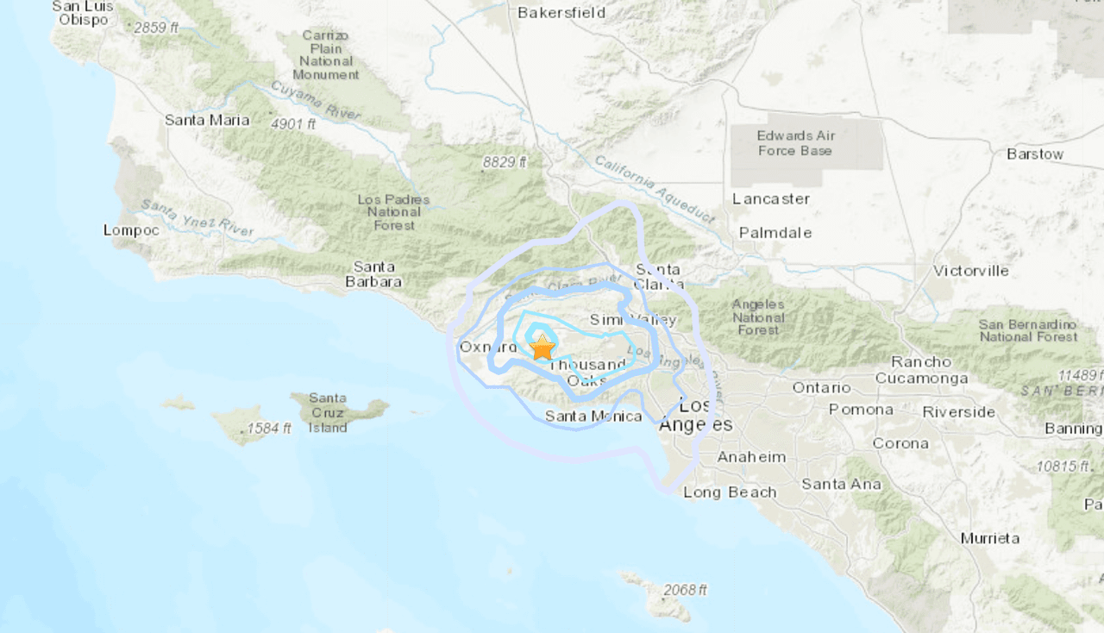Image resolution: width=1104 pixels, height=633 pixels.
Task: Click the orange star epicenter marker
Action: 542,348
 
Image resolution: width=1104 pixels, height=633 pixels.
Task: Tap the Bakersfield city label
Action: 561,13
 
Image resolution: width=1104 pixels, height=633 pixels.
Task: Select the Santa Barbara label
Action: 373,274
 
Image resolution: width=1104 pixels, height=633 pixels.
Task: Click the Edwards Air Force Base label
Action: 794,143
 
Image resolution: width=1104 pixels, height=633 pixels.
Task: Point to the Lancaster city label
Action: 771,199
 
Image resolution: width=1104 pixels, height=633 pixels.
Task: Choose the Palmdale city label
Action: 775,233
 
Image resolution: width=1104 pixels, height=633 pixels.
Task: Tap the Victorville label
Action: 970,271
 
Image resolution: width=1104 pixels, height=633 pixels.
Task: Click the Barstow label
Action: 1035,154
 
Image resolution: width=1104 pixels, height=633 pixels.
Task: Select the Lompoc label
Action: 131,230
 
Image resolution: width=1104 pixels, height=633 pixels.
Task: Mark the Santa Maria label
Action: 207,120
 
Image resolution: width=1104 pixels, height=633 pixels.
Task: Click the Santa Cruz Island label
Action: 328,413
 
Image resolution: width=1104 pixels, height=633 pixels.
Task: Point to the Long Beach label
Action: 730,492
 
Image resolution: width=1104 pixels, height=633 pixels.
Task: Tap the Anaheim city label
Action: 751,457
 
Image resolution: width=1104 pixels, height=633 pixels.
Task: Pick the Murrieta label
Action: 990,538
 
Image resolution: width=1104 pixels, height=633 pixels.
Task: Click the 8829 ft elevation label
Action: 503,162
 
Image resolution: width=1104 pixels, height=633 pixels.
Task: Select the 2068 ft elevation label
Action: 685,590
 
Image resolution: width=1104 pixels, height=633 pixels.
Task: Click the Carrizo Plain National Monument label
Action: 326,55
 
